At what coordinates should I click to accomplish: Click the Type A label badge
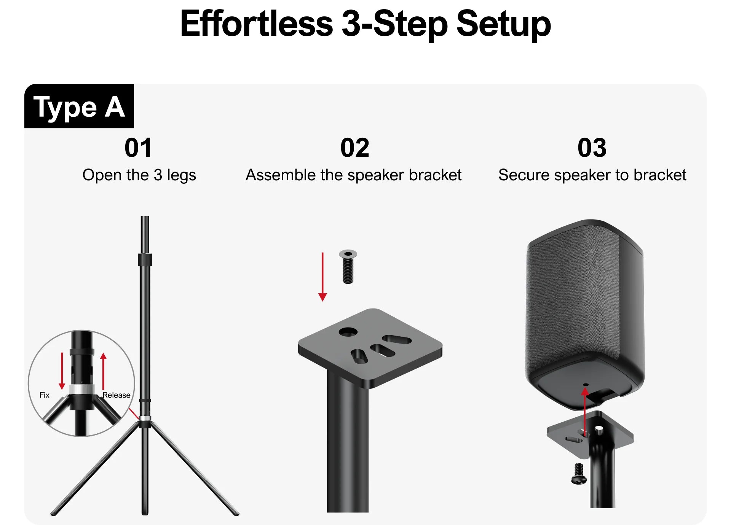[x=79, y=106]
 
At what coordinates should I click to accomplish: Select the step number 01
[x=139, y=148]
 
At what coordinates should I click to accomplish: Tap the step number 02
[x=354, y=148]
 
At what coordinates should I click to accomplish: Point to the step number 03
[x=592, y=148]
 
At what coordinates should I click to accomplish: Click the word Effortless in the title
[x=257, y=24]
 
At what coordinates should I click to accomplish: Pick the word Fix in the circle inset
[x=45, y=395]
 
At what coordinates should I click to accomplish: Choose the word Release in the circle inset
[x=117, y=395]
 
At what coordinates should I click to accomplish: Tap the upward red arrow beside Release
[x=103, y=371]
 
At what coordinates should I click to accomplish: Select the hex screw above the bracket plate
[x=348, y=267]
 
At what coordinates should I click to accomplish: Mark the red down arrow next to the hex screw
[x=322, y=277]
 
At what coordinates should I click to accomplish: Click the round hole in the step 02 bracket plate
[x=348, y=332]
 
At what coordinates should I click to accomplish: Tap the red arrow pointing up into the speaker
[x=585, y=411]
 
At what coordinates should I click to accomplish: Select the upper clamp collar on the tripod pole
[x=145, y=260]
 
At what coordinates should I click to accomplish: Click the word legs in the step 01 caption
[x=182, y=175]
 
